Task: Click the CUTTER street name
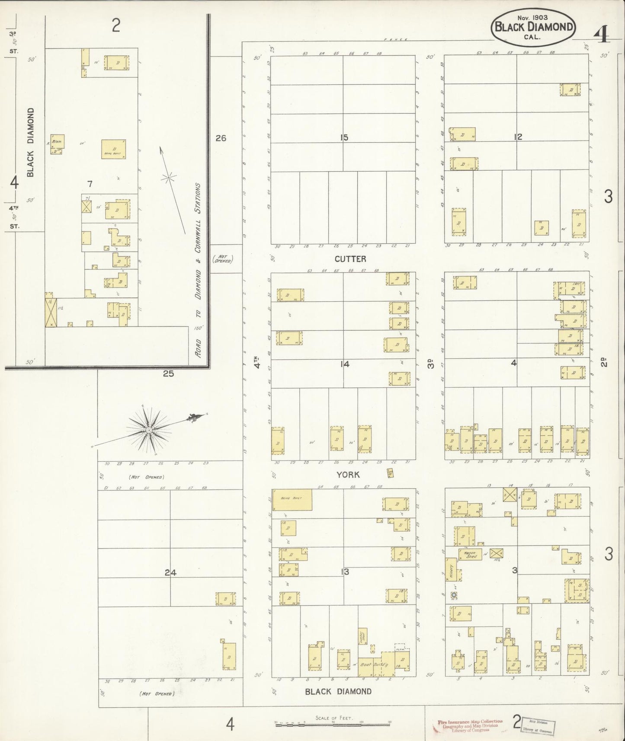[x=350, y=259]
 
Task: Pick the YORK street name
[x=348, y=475]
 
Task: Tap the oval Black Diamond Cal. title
[x=534, y=27]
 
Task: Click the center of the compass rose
[x=148, y=430]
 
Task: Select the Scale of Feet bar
[x=333, y=722]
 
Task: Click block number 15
[x=344, y=138]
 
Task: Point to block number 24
[x=170, y=572]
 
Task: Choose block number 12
[x=518, y=137]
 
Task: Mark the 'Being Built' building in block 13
[x=292, y=500]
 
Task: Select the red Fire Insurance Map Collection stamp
[x=469, y=725]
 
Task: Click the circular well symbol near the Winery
[x=454, y=595]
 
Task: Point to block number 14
[x=344, y=364]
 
